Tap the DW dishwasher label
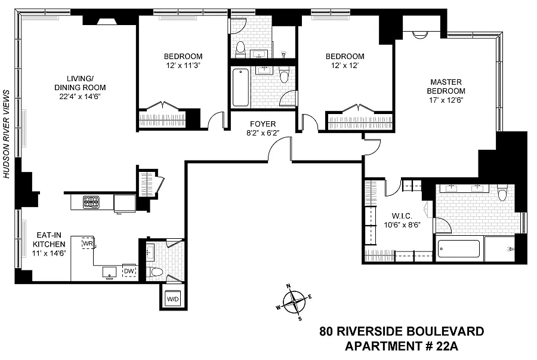coord(129,271)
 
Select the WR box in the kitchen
coord(88,244)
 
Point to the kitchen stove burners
coord(91,202)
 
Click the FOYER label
coord(263,125)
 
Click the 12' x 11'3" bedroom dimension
coord(183,66)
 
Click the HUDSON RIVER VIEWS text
coord(7,134)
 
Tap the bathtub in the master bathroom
coord(458,250)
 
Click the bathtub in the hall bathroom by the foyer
coord(240,88)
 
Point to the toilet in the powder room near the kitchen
coord(156,272)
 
